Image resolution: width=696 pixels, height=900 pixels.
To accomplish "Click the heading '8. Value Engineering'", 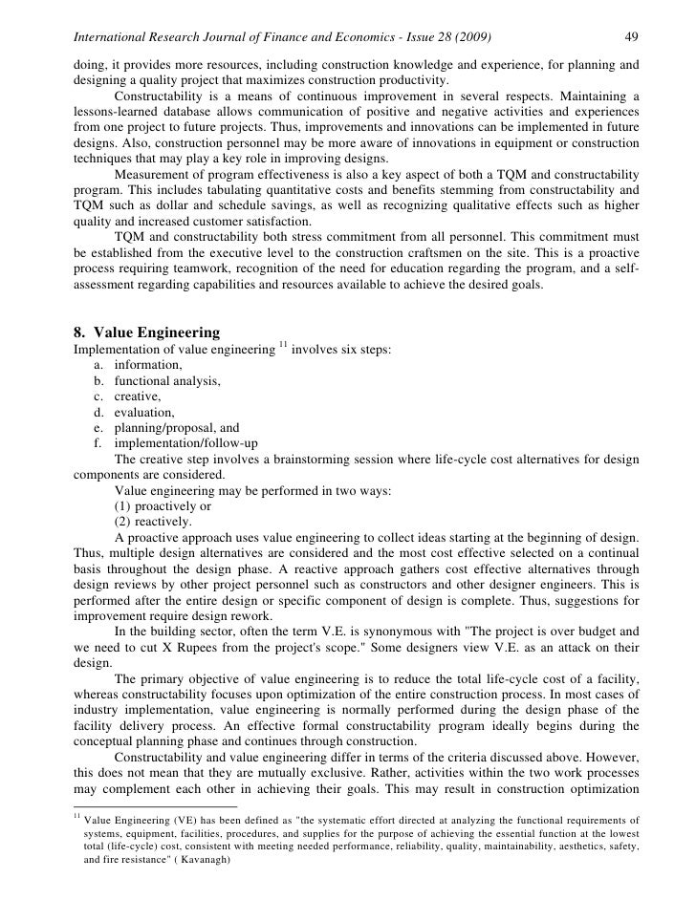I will (x=146, y=333).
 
